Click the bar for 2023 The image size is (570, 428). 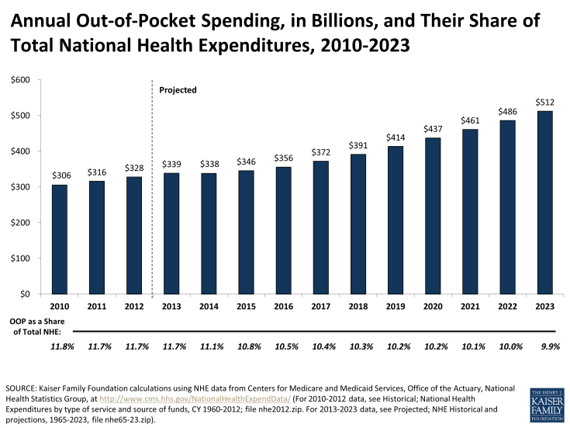click(546, 202)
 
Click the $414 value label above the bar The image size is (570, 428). click(396, 137)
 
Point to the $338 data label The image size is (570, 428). click(209, 165)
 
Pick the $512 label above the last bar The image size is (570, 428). click(546, 103)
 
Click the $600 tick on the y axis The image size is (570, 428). click(20, 80)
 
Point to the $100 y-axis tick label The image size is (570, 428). click(20, 259)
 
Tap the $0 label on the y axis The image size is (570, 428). click(25, 294)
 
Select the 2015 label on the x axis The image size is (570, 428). click(246, 308)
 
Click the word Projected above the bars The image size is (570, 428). click(178, 90)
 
